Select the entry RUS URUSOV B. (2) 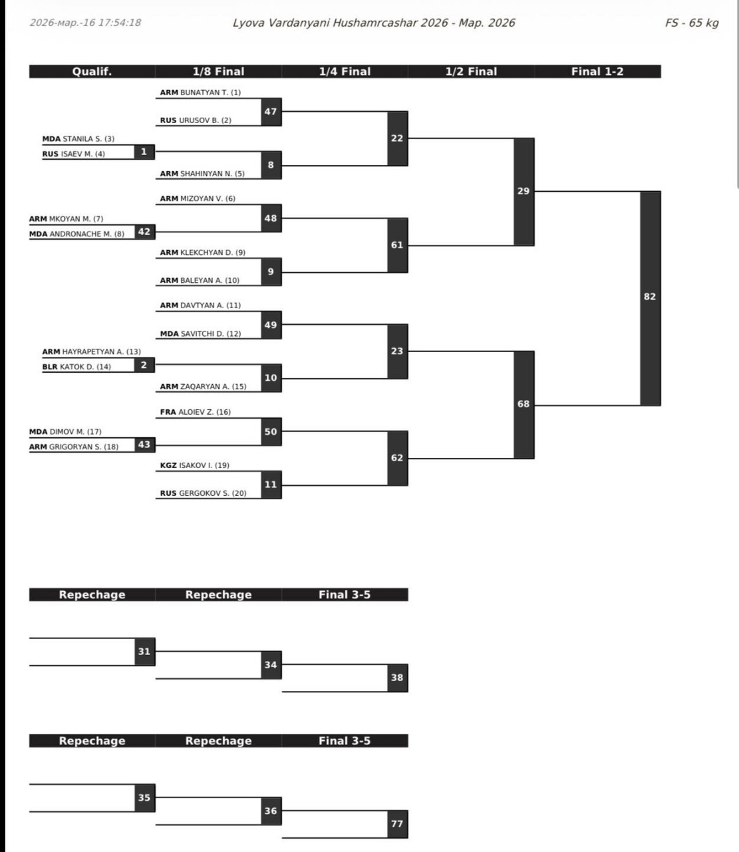point(196,120)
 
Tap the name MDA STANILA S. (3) point(78,139)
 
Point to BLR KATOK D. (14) point(76,367)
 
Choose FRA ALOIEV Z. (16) point(195,412)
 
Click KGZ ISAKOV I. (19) point(194,465)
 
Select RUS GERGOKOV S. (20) point(203,493)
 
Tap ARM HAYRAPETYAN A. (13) point(91,351)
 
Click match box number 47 point(271,112)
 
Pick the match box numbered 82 point(650,297)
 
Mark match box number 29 point(523,191)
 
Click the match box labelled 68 point(523,404)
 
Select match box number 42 point(144,232)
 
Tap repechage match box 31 point(144,651)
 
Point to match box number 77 point(397,823)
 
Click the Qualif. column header point(92,72)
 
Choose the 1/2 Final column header point(471,72)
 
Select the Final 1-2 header point(597,72)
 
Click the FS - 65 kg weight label point(692,23)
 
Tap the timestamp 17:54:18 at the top point(120,23)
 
